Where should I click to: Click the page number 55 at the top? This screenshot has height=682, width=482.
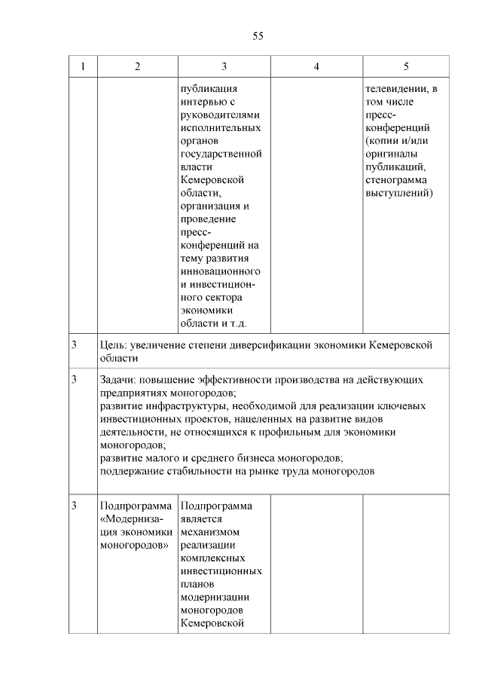(x=258, y=35)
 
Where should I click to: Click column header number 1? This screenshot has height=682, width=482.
(x=83, y=66)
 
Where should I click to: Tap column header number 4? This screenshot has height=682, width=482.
(x=316, y=66)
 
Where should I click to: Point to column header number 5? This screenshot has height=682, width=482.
(x=406, y=66)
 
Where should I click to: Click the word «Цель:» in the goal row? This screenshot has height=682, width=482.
(x=113, y=345)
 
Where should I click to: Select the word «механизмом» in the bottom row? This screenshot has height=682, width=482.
(x=211, y=531)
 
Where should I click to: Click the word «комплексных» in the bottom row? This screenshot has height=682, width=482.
(x=212, y=558)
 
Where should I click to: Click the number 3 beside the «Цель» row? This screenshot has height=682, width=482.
(x=75, y=345)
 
